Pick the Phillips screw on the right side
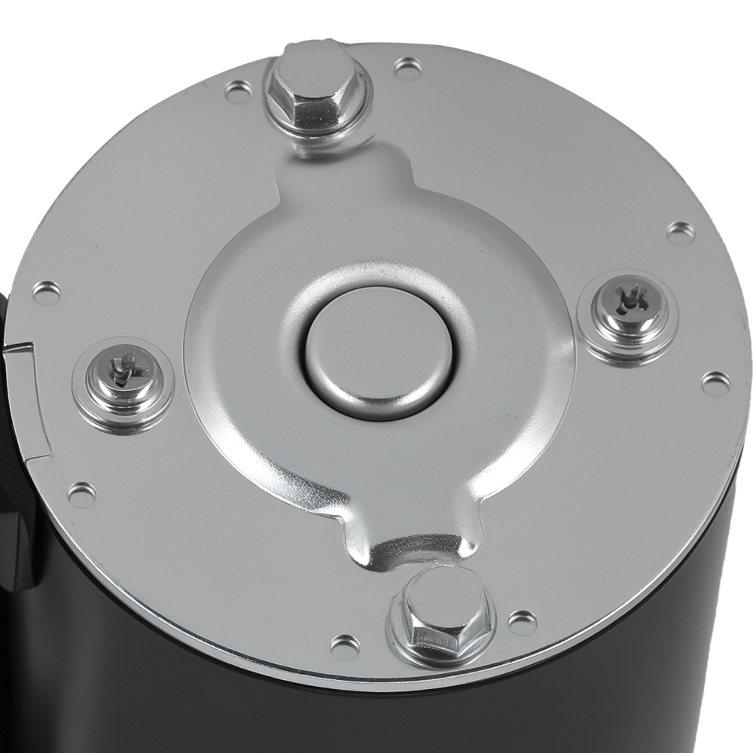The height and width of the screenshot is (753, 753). [x=628, y=306]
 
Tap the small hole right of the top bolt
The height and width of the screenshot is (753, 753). [x=407, y=70]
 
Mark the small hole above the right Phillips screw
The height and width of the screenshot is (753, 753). [x=681, y=233]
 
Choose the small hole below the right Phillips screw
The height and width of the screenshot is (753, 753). [x=715, y=383]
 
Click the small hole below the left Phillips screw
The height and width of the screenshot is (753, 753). [x=81, y=494]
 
